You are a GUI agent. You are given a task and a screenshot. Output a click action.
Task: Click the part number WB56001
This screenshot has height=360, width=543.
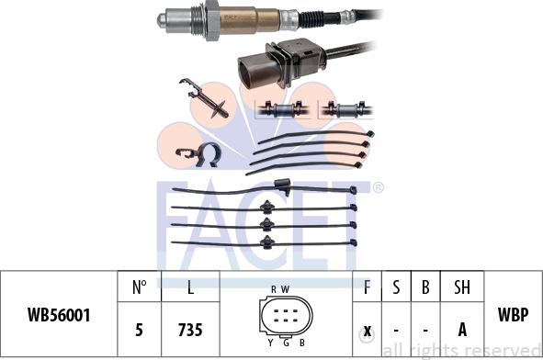click(59, 315)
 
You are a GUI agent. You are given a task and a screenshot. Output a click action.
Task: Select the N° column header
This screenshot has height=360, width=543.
click(140, 287)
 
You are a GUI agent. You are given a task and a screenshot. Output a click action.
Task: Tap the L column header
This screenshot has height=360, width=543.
click(190, 287)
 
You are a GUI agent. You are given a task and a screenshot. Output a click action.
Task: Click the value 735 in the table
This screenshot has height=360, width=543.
click(190, 330)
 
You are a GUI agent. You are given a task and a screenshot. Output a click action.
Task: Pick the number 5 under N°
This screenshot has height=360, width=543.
click(139, 330)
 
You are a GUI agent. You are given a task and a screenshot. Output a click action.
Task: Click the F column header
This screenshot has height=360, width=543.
click(367, 287)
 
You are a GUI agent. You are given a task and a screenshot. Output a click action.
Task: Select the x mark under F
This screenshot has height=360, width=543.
click(368, 331)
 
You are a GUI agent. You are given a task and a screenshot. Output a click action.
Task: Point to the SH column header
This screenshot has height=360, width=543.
click(462, 287)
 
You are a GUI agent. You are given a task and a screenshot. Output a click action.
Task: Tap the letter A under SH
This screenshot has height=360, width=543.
click(462, 330)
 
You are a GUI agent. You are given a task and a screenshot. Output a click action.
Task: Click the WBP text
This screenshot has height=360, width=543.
click(514, 315)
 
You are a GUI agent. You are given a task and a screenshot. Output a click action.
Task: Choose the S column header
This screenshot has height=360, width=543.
click(396, 287)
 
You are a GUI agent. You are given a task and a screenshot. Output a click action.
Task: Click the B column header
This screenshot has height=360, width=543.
click(425, 287)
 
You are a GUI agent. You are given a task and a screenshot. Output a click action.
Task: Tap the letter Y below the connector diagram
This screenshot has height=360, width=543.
click(270, 343)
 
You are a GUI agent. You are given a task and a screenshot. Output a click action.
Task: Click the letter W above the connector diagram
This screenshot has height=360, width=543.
click(285, 289)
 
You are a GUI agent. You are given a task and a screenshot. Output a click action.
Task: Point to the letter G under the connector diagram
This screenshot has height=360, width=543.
click(286, 343)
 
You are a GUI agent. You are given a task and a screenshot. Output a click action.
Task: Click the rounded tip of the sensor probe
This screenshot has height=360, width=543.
click(162, 20)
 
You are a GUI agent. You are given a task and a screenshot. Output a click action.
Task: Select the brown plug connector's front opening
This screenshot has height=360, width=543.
click(252, 73)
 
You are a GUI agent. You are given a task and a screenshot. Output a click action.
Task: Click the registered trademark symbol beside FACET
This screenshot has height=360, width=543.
click(378, 187)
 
